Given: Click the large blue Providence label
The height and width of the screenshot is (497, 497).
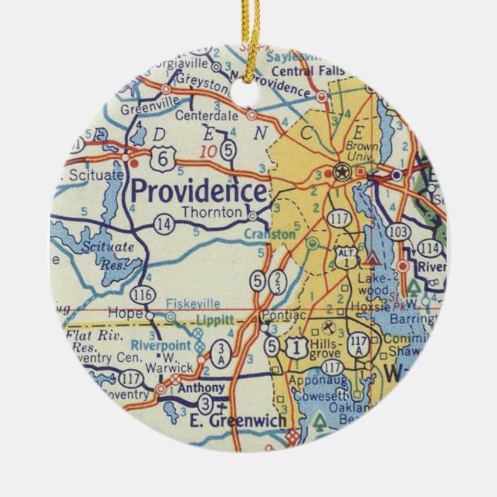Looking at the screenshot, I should [x=199, y=190].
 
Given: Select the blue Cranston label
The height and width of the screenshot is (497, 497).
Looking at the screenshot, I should [x=269, y=234].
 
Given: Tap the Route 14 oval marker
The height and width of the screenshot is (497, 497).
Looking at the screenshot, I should [x=164, y=224].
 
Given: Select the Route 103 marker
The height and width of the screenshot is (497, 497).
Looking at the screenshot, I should [x=400, y=232].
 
